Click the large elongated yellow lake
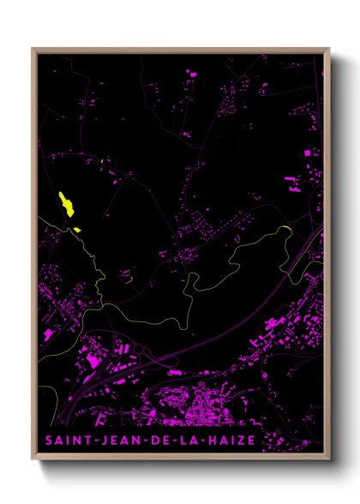65,204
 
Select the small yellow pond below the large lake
76,229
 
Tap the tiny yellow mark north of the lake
101,161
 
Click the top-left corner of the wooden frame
33,49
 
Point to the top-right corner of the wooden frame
328,49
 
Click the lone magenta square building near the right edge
308,153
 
